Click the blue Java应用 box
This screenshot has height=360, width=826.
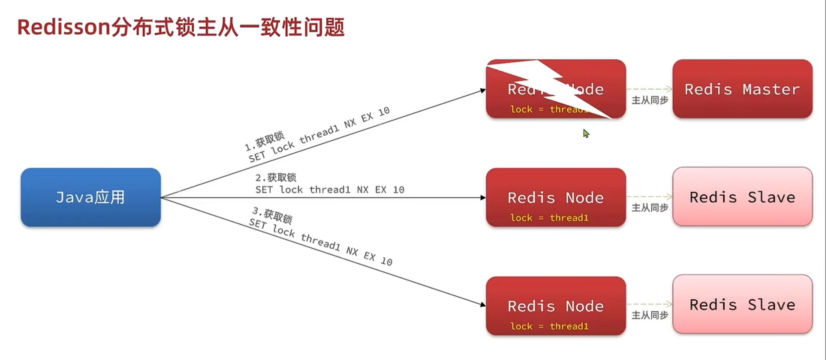coord(91,197)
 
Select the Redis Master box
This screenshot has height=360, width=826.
coord(742,89)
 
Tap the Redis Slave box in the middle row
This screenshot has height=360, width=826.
coord(742,196)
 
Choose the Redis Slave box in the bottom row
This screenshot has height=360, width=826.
coord(742,304)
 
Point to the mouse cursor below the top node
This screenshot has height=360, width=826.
coord(586,133)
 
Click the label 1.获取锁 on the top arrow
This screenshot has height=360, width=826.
coord(265,140)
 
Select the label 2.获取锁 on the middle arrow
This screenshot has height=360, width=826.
coord(276,177)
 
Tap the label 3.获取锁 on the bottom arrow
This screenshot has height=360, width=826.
coord(272,215)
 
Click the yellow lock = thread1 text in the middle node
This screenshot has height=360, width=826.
coord(549,217)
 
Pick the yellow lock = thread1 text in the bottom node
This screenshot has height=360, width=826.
coord(549,326)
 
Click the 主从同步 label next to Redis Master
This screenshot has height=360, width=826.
coord(649,100)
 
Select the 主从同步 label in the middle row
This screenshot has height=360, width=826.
coord(649,207)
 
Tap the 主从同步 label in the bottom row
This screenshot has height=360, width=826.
coord(649,315)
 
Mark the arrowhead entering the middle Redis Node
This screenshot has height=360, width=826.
coord(483,197)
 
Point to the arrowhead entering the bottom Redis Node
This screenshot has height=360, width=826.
coord(482,304)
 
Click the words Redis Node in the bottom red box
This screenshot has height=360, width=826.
coord(555,306)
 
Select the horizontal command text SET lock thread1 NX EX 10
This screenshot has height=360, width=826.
coord(330,189)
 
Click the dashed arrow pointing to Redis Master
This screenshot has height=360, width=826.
coord(649,89)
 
